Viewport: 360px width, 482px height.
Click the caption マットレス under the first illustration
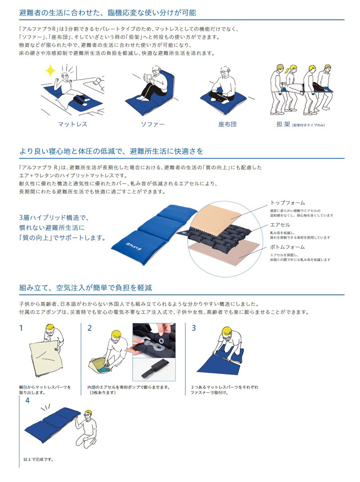point(72,124)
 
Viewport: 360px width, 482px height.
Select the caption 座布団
point(227,124)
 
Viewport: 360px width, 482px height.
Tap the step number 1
point(21,328)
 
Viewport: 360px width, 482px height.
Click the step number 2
point(90,328)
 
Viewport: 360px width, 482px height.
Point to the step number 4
point(28,400)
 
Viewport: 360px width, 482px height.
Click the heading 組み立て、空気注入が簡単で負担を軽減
point(88,287)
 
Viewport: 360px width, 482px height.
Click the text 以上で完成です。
point(38,460)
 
